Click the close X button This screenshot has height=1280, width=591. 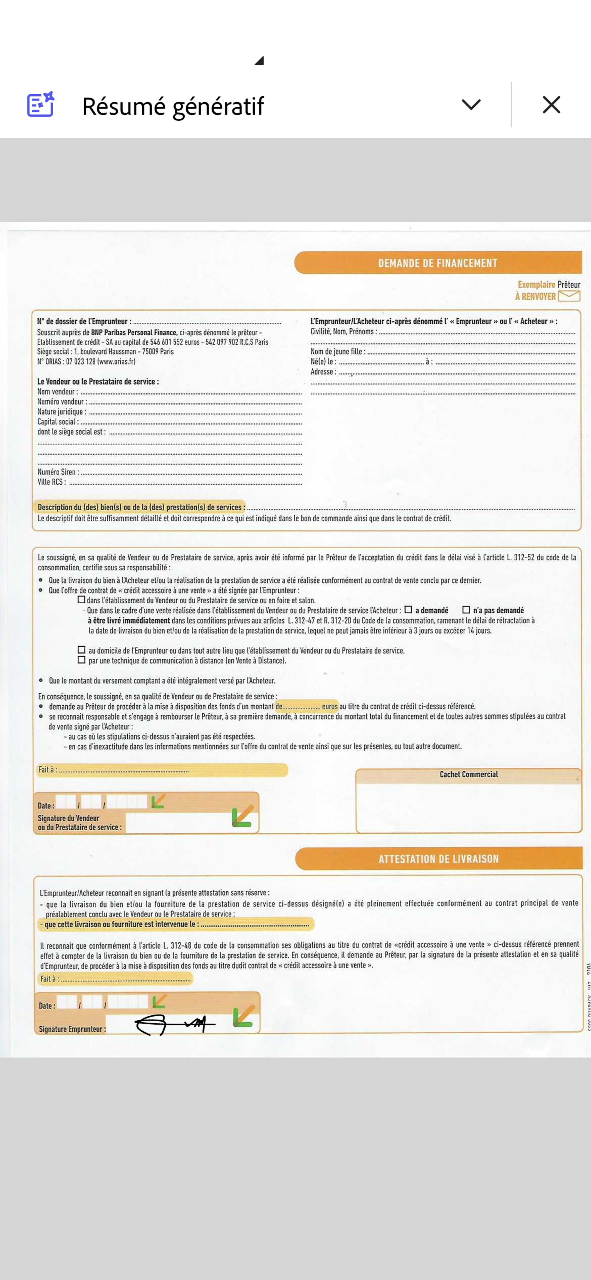pyautogui.click(x=551, y=105)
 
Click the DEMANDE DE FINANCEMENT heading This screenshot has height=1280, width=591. pyautogui.click(x=438, y=263)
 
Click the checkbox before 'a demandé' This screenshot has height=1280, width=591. pyautogui.click(x=408, y=610)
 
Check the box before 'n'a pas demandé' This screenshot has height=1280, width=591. pyautogui.click(x=466, y=610)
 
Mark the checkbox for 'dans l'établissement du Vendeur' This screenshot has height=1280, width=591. pyautogui.click(x=82, y=600)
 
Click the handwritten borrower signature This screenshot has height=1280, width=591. pyautogui.click(x=174, y=1024)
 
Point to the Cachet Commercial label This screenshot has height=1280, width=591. pyautogui.click(x=468, y=774)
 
